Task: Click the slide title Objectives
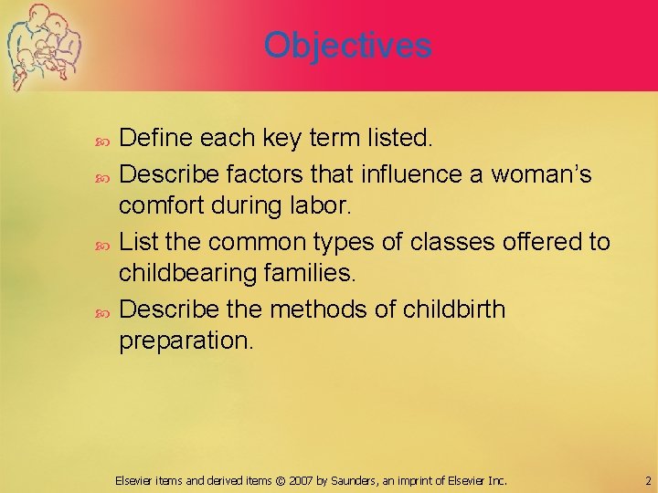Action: (347, 45)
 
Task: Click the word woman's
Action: (542, 173)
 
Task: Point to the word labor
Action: (322, 206)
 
